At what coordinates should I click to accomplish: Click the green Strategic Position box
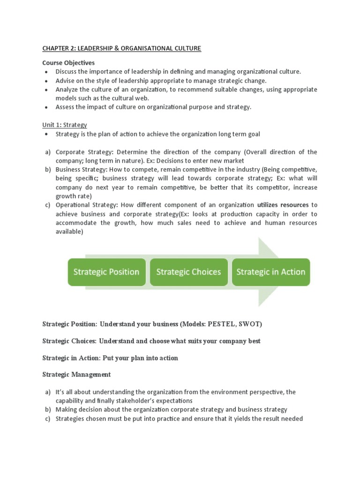point(106,272)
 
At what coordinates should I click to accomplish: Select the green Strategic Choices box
point(188,272)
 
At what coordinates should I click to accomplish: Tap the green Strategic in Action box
point(270,272)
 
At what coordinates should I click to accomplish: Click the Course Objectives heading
point(68,63)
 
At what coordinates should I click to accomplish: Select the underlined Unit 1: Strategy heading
point(65,125)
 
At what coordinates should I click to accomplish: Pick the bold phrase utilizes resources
point(283,205)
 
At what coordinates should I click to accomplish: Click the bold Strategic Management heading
point(76,374)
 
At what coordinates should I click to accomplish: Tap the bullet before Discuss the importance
point(45,72)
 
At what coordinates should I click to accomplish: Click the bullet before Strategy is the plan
point(45,135)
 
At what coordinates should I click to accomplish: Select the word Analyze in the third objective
point(67,90)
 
